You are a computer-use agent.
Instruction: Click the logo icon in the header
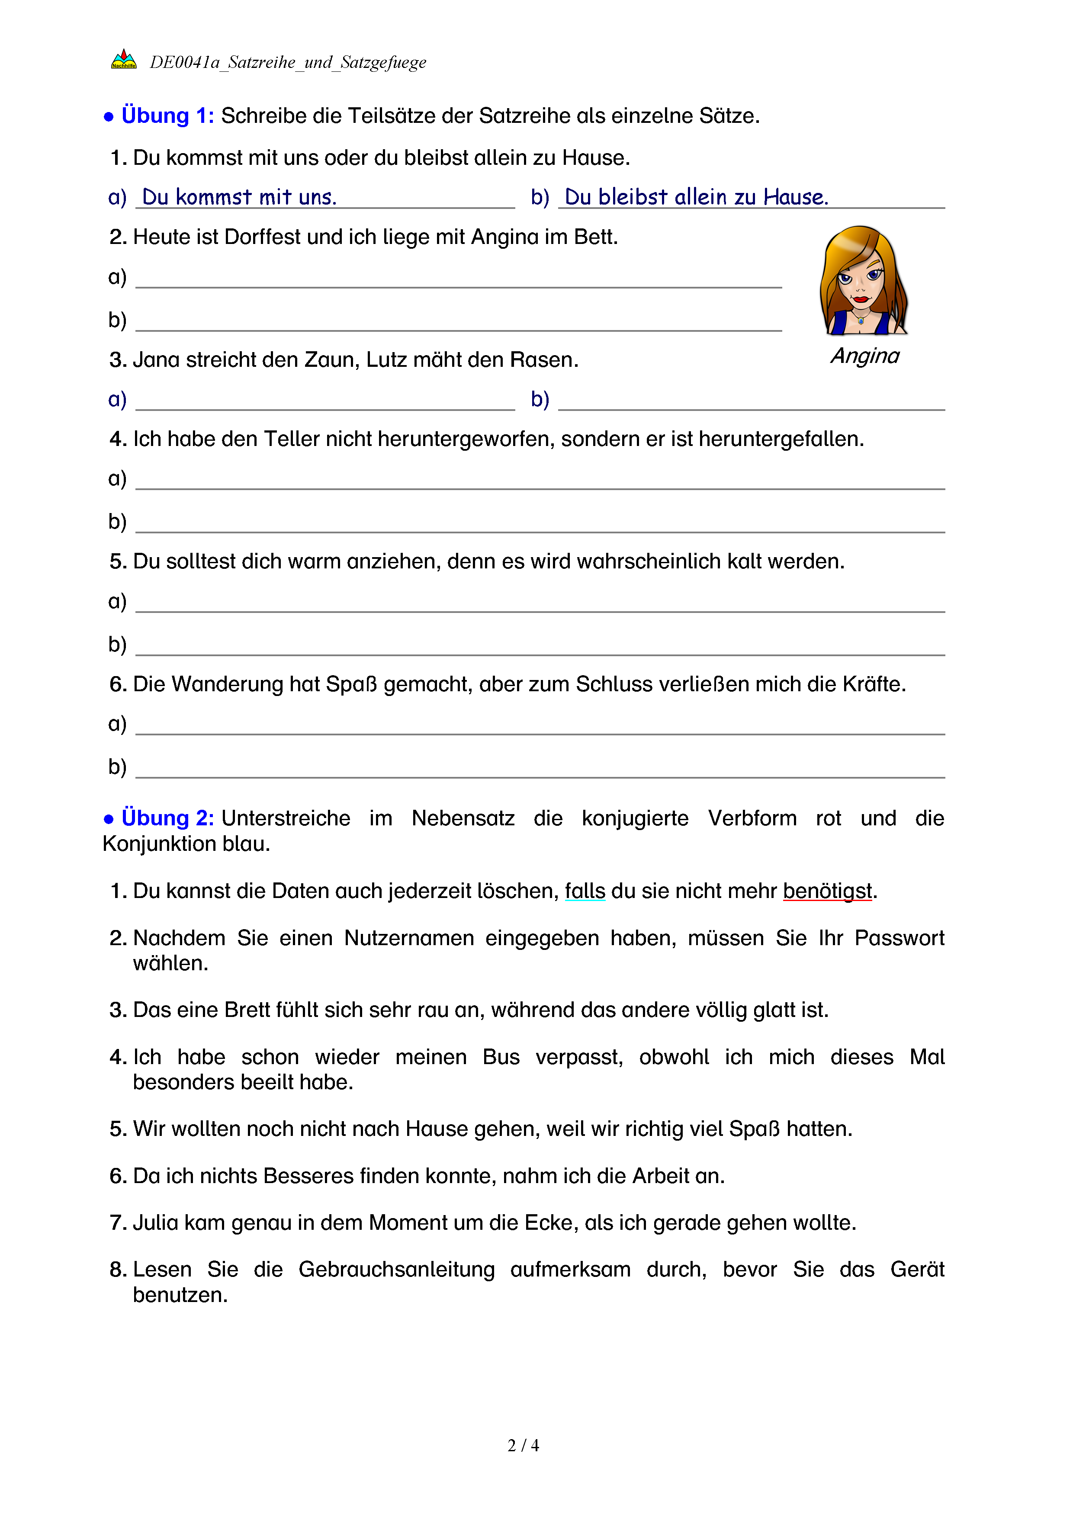124,60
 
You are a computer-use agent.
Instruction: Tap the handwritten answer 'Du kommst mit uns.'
239,197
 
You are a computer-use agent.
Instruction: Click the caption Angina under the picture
865,356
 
